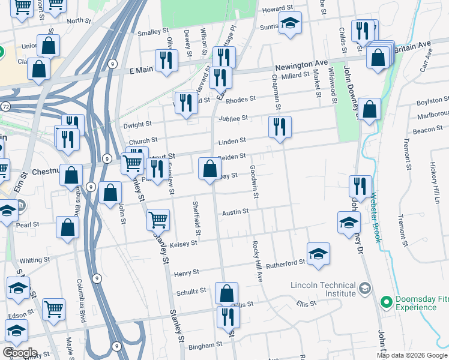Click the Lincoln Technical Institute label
click(x=323, y=289)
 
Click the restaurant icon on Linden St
click(x=280, y=127)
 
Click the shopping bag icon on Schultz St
click(x=226, y=293)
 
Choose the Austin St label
click(x=235, y=212)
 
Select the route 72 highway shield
click(x=5, y=106)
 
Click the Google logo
click(x=20, y=353)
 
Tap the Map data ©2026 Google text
click(x=412, y=355)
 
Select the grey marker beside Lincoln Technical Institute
click(x=364, y=289)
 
